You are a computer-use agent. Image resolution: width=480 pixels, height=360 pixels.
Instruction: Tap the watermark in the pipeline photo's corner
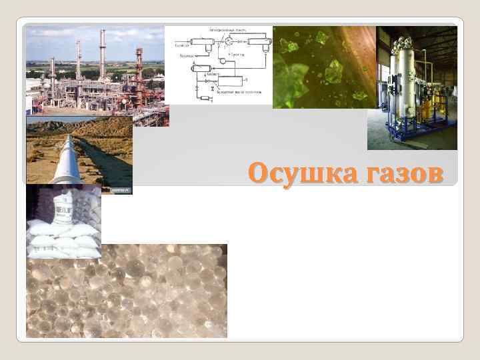[121, 190]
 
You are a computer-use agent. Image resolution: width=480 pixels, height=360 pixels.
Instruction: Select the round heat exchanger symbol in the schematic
[228, 41]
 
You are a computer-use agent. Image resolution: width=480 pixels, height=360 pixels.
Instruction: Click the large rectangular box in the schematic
[232, 81]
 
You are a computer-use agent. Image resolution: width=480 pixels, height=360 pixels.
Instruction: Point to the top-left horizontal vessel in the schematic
[203, 41]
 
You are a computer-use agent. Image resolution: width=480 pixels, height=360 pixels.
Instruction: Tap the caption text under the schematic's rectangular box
[240, 92]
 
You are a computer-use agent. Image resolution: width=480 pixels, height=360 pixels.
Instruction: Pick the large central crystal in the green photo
[332, 71]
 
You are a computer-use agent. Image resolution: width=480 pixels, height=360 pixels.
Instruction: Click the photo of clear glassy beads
[127, 290]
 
